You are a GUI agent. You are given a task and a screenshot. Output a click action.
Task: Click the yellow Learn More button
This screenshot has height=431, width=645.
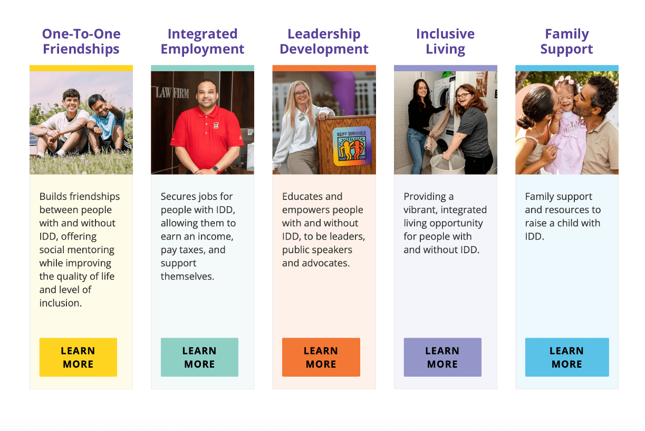(x=78, y=357)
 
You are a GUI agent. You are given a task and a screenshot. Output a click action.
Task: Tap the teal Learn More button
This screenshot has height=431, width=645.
(x=199, y=357)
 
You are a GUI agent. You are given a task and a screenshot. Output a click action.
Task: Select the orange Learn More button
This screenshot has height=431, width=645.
(x=321, y=357)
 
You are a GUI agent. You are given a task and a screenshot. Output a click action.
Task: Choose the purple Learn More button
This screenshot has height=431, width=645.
(x=442, y=357)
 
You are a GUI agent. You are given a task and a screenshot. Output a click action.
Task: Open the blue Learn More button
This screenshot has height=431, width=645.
(x=567, y=357)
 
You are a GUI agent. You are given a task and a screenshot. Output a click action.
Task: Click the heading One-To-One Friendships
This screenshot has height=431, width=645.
(x=81, y=42)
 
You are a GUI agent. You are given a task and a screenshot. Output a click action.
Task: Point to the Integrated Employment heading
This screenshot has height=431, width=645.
(x=203, y=42)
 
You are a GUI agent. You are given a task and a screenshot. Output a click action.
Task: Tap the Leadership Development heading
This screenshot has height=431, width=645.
(x=324, y=42)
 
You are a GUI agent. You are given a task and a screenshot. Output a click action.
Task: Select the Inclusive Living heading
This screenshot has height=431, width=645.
(x=446, y=42)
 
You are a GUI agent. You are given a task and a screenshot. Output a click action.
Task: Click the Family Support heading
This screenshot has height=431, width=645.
(x=566, y=42)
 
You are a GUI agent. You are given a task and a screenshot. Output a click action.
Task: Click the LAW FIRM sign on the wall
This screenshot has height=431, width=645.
(x=172, y=93)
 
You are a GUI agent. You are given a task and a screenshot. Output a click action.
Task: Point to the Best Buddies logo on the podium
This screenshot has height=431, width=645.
(x=352, y=146)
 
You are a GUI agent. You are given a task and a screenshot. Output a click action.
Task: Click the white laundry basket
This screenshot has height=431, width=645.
(x=447, y=164)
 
